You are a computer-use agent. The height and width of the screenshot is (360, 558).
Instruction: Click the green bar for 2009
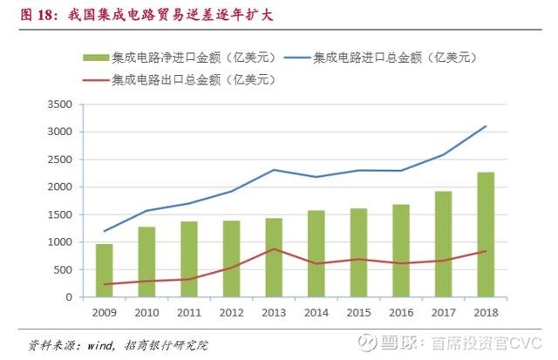tap(105, 270)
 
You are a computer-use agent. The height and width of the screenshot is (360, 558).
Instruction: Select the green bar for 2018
tap(486, 234)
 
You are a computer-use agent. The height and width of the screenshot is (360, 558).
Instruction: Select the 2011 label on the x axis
tap(189, 310)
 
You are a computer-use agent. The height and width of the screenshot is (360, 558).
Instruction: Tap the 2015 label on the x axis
tap(358, 310)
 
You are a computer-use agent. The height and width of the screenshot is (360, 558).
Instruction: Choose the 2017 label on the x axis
tap(443, 310)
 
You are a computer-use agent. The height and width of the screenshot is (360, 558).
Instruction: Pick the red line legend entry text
tap(194, 80)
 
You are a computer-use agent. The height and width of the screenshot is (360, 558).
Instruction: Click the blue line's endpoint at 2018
tap(486, 126)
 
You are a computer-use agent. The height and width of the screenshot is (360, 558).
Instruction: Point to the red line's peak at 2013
tap(274, 249)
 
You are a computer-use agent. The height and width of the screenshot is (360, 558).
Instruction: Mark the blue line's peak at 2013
tap(274, 170)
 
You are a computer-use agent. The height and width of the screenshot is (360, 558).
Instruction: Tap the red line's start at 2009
tap(105, 284)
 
